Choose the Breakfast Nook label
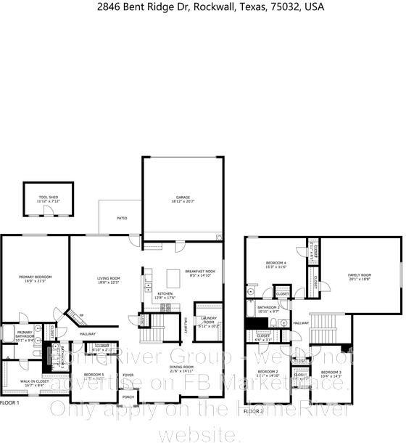click(199, 271)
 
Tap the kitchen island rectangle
click(173, 279)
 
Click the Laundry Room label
click(208, 322)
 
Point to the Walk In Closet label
click(34, 381)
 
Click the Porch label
click(128, 397)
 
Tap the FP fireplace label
click(81, 314)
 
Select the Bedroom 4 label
click(276, 264)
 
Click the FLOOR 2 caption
click(252, 412)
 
